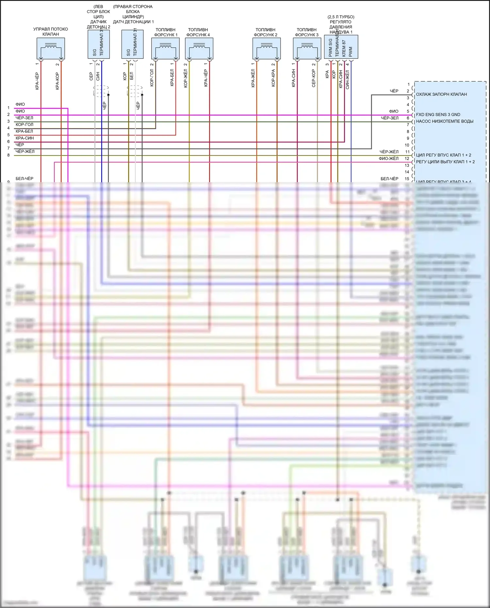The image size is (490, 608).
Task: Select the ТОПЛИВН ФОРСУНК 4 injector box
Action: [199, 48]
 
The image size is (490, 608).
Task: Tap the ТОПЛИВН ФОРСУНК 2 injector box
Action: [266, 48]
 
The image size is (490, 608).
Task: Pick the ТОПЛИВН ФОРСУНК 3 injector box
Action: [307, 48]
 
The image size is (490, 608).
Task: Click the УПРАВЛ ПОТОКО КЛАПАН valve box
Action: [51, 48]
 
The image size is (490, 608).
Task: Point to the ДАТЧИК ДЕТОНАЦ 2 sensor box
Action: [98, 44]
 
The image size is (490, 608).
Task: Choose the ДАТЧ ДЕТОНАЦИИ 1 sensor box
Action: [132, 44]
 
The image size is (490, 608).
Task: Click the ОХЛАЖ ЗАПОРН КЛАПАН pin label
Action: [441, 94]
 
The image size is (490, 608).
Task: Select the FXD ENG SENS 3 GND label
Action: [438, 115]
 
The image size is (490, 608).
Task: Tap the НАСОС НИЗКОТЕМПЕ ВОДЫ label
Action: [445, 121]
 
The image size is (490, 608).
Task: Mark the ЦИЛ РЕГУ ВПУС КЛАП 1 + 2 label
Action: [443, 155]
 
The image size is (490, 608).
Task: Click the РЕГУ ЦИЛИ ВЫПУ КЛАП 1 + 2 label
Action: [445, 162]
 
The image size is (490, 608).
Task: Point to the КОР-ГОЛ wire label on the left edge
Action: [24, 124]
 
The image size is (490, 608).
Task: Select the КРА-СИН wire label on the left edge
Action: [25, 138]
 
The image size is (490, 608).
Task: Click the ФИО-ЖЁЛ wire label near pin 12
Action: [388, 158]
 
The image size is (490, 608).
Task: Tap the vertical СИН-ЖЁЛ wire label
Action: [347, 80]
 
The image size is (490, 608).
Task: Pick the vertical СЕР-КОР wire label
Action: [314, 78]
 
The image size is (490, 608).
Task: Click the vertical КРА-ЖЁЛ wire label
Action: [253, 78]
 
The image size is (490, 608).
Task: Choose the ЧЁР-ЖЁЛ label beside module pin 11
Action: [389, 152]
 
